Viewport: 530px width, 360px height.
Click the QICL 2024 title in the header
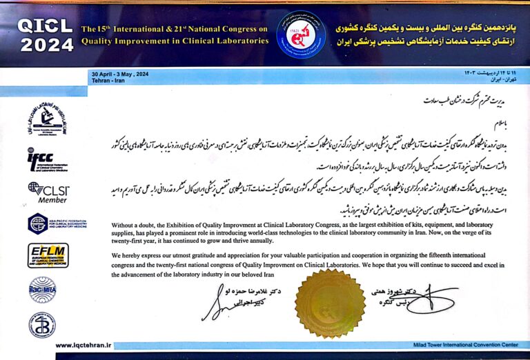[x=44, y=34]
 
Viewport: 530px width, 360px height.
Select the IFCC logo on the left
[x=47, y=159]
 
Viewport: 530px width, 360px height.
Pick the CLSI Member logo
[x=47, y=191]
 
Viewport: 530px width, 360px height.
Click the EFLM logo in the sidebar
[x=48, y=254]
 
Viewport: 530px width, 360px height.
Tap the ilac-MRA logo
[x=43, y=289]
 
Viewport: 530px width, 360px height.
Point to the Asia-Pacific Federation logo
[x=47, y=223]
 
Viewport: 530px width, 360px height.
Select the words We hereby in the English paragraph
[x=128, y=254]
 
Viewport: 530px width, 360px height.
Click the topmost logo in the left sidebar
[x=47, y=120]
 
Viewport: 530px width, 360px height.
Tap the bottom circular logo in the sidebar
[x=42, y=324]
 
